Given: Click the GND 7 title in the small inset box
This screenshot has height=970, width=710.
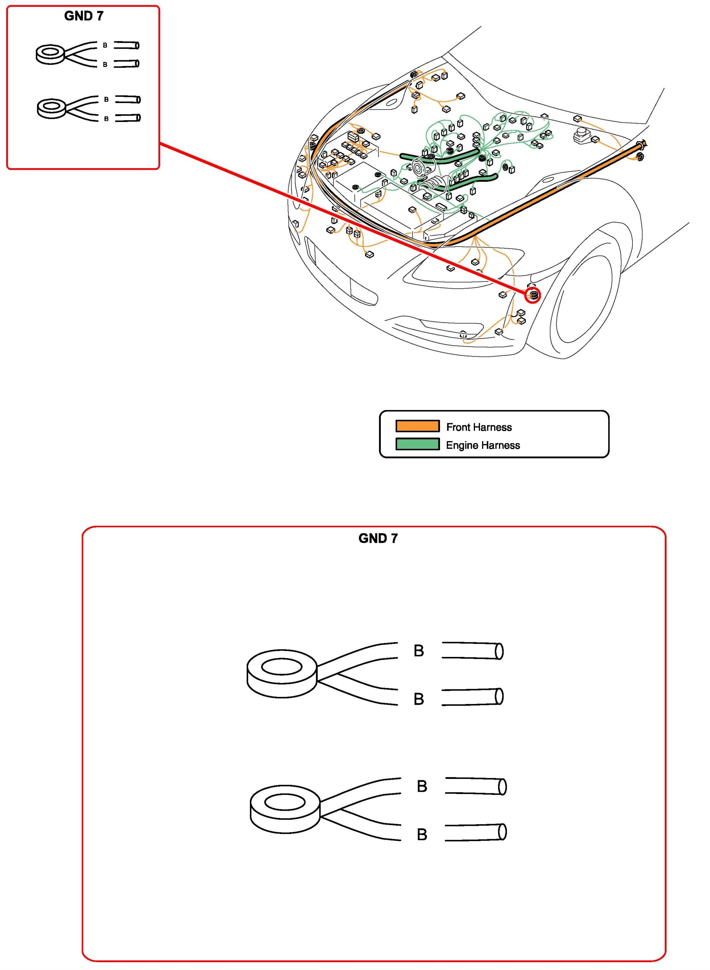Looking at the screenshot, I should [x=83, y=16].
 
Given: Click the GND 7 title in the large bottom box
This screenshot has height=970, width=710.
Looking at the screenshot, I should [x=378, y=538].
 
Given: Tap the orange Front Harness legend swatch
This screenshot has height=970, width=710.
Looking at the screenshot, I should [x=417, y=426].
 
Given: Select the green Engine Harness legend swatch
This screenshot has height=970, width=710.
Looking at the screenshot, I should [x=417, y=444].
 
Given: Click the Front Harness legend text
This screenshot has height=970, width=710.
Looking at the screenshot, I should [x=479, y=427].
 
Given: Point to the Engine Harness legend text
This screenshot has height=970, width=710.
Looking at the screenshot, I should [x=483, y=445].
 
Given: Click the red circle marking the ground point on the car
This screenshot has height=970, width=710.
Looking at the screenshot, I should [x=533, y=295].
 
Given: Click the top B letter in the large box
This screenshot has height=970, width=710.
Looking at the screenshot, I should [x=418, y=651].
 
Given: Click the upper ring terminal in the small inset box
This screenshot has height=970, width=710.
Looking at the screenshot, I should [x=50, y=54].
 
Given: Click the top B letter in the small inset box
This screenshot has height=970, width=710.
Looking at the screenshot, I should [x=105, y=45].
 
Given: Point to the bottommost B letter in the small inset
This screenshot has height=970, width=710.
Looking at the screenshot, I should [x=106, y=119].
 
